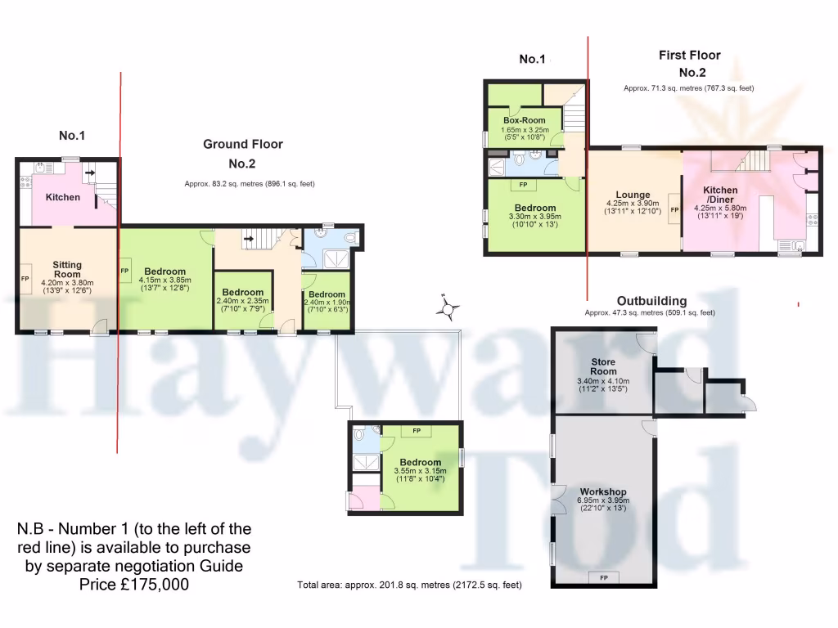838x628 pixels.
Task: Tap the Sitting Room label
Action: click(67, 269)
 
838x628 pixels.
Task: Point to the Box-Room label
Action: click(525, 120)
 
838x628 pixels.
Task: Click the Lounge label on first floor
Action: click(633, 195)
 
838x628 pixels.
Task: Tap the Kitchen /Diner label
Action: click(720, 195)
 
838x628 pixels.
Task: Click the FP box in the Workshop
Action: click(604, 578)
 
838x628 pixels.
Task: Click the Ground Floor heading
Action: click(243, 144)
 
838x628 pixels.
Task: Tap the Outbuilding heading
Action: click(651, 301)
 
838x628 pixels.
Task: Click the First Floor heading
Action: click(689, 55)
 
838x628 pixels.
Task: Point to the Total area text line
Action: click(409, 585)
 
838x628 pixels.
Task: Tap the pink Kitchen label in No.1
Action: click(63, 197)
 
